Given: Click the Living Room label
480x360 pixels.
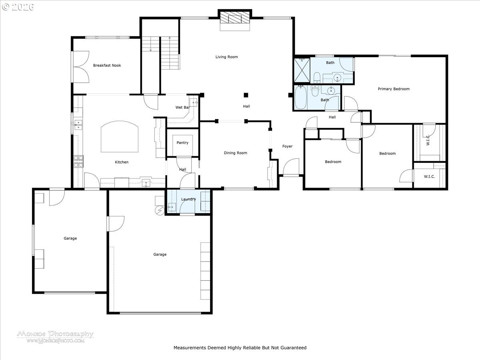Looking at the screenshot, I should [x=226, y=57].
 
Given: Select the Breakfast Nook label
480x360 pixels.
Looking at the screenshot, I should [x=107, y=65].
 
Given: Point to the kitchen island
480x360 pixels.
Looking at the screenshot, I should [x=120, y=137].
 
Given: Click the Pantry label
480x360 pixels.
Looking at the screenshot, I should [x=182, y=143].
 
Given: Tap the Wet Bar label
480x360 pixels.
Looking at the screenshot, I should [x=182, y=108].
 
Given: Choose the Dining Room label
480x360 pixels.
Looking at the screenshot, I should [x=235, y=153].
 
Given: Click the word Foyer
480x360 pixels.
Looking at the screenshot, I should [x=287, y=146].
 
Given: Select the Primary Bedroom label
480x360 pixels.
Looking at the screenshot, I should [x=394, y=89].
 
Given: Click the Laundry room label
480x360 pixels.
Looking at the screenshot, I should [x=188, y=199].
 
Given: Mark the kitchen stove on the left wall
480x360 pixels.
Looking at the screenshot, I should [x=78, y=161].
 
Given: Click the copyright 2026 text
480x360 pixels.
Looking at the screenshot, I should [x=18, y=7].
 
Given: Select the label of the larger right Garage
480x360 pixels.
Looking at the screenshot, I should [x=160, y=254].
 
